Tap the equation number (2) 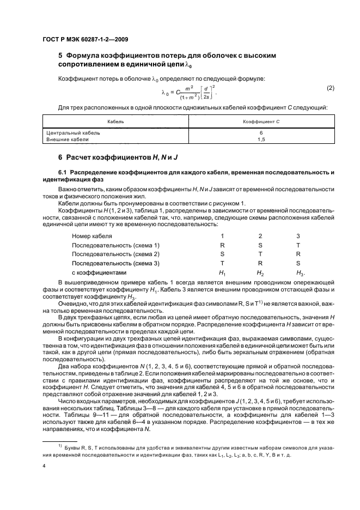coord(330,88)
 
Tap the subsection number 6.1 coord(55,172)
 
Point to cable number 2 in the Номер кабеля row coord(260,236)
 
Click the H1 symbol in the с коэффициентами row coord(222,273)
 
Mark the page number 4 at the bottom coord(44,466)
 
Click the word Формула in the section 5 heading coord(83,56)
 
